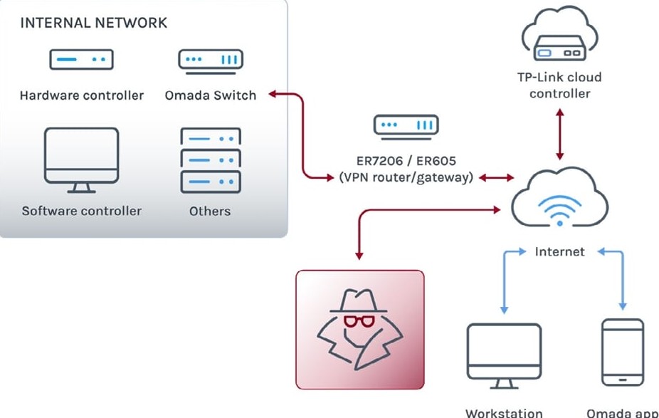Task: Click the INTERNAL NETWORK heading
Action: [94, 23]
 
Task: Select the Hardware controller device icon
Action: [82, 59]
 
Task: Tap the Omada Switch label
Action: [211, 95]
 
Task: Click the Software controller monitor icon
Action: [82, 160]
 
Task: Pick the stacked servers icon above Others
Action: [211, 160]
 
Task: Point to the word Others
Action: [210, 211]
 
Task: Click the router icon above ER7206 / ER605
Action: [406, 127]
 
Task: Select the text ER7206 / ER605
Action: [406, 161]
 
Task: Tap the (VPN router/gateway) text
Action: [406, 177]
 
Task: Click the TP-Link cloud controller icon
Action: [560, 34]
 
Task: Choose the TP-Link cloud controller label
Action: [559, 85]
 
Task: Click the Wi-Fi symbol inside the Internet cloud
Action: [559, 210]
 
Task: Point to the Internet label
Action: [559, 252]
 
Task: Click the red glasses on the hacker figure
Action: [359, 321]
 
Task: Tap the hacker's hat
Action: [358, 301]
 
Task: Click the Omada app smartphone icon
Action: [623, 352]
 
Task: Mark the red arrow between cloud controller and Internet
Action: [559, 134]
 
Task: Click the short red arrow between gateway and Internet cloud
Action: [496, 178]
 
